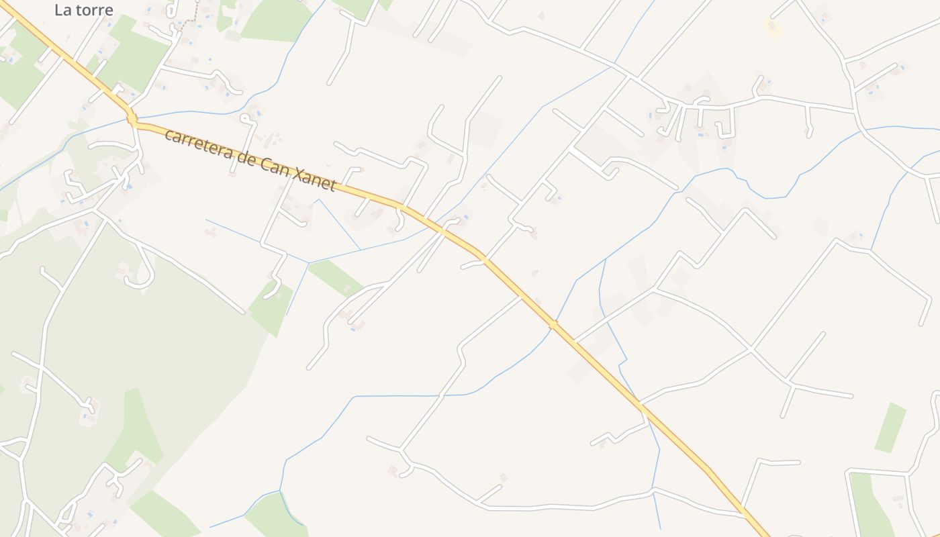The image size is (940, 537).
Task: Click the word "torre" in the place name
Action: tap(94, 10)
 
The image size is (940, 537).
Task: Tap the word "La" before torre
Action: tap(63, 10)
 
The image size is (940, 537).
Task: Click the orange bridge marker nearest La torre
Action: tap(132, 120)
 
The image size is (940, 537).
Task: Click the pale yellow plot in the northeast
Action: tap(773, 28)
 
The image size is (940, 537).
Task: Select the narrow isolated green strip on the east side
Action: tap(890, 427)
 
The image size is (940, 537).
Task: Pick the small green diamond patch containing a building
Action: tap(271, 308)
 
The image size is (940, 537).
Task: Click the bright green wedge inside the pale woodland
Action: tap(138, 430)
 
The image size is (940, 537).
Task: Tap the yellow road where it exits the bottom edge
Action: tap(763, 534)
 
